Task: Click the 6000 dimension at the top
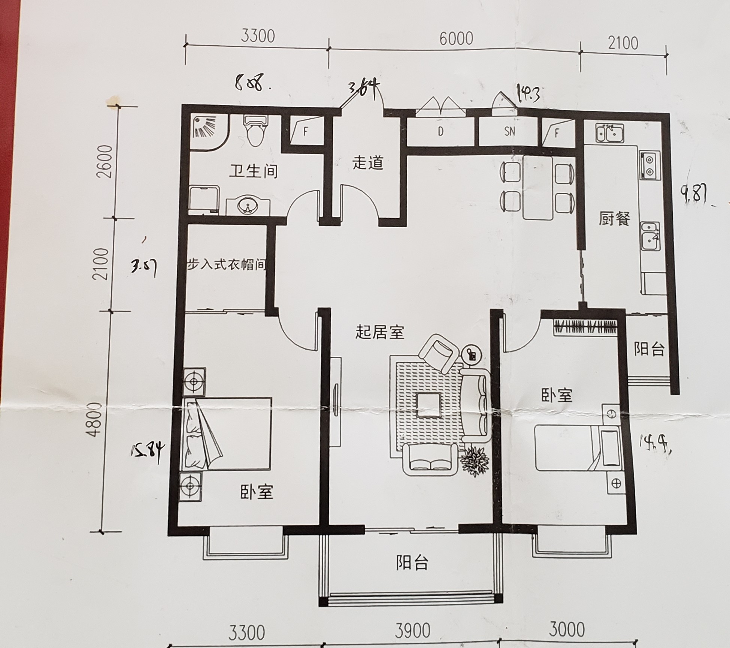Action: coord(456,39)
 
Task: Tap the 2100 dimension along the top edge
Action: coord(623,43)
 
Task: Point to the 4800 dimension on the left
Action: coord(96,420)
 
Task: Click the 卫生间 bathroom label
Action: coord(254,171)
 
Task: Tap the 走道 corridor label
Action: coord(368,163)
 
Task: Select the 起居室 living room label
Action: coord(379,332)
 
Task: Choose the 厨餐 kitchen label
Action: coord(614,219)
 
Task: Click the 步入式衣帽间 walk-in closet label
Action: coord(227,265)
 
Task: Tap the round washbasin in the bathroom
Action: coord(248,206)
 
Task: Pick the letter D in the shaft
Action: coord(440,131)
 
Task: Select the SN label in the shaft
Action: coord(509,131)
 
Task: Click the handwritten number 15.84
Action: coord(148,453)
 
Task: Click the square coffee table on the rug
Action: coord(429,405)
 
